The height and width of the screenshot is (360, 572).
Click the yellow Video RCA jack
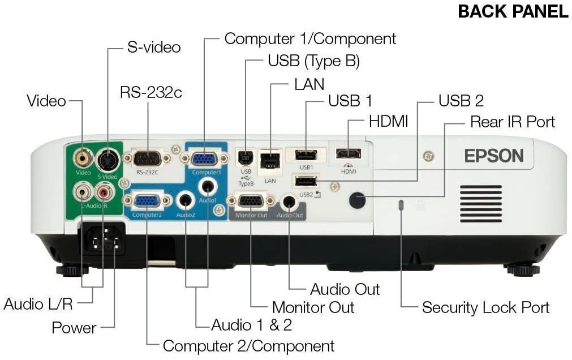tap(84, 156)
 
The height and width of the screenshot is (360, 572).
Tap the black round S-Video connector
tap(107, 160)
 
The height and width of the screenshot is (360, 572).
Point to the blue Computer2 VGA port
tap(147, 200)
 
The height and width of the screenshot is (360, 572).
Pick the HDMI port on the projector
tap(349, 153)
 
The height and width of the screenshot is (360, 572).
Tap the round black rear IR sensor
tap(357, 200)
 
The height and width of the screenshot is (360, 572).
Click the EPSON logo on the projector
tap(494, 156)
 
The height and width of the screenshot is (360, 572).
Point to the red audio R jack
tap(105, 192)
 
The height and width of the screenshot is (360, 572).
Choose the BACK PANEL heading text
tap(513, 11)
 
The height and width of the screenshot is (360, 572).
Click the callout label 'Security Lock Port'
tap(485, 308)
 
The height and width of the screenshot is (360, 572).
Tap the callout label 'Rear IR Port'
tap(513, 122)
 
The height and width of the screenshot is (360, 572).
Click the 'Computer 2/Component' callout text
tap(248, 345)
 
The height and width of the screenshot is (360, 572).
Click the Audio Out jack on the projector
tap(289, 202)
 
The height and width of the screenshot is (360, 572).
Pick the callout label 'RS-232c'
tap(150, 92)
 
